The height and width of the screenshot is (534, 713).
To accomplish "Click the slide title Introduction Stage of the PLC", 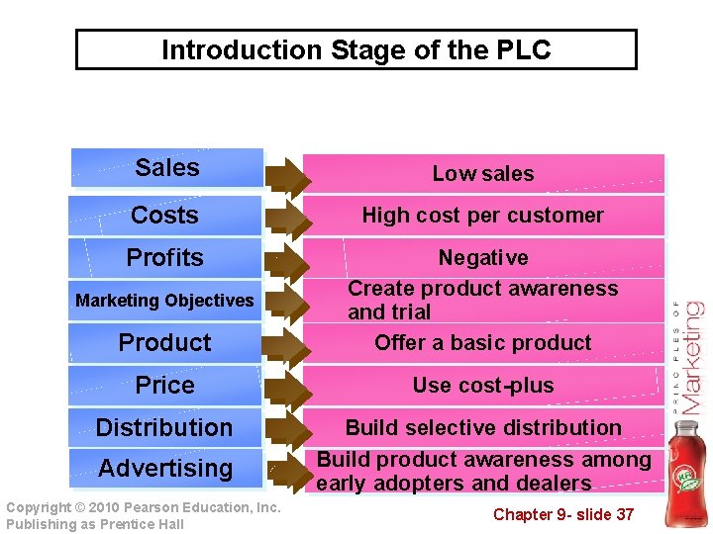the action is click(x=356, y=49).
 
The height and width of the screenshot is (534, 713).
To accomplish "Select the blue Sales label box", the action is click(x=166, y=168).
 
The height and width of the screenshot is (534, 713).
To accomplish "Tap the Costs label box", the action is click(x=164, y=216).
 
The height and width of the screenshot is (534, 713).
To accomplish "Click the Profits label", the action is click(x=164, y=258).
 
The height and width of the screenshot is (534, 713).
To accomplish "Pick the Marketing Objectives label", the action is click(x=164, y=301).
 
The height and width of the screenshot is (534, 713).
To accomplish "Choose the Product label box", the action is click(x=164, y=343).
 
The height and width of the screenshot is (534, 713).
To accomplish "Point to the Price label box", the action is click(x=164, y=386).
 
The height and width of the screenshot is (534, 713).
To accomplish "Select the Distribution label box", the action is click(x=164, y=428).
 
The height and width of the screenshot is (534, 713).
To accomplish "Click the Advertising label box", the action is click(x=164, y=469).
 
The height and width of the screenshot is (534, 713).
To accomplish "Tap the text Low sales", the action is click(x=482, y=174).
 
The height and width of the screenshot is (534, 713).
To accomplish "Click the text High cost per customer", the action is click(x=482, y=216).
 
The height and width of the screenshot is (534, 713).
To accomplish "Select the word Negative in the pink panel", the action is click(x=482, y=258).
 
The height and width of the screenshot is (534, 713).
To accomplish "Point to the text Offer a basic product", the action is click(x=482, y=343).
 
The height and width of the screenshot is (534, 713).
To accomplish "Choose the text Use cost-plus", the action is click(x=482, y=386).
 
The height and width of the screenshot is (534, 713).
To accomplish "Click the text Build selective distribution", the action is click(x=482, y=428).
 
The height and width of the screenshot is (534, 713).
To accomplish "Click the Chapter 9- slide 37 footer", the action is click(x=563, y=514).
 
